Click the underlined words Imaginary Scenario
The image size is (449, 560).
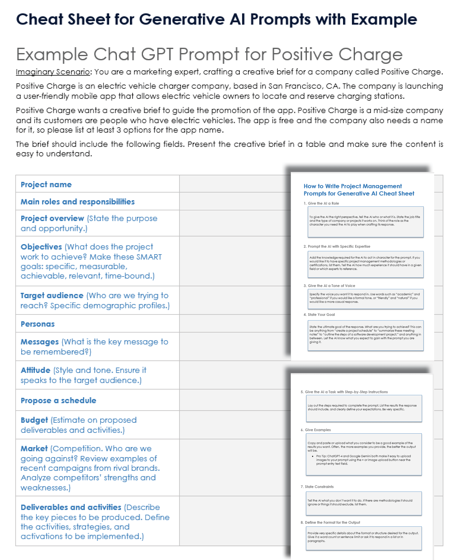click(53, 72)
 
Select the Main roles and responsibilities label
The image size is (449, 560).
click(78, 202)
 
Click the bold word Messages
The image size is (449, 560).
click(40, 342)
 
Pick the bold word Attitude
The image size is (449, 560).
click(36, 370)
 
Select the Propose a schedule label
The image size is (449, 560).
click(58, 400)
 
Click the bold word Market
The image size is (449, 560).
click(34, 449)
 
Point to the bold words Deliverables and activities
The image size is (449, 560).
click(71, 507)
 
